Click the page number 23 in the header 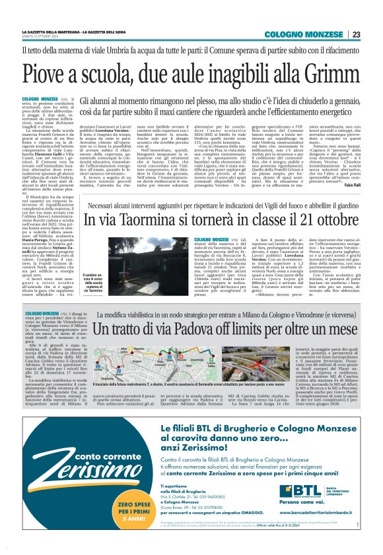coord(355,34)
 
